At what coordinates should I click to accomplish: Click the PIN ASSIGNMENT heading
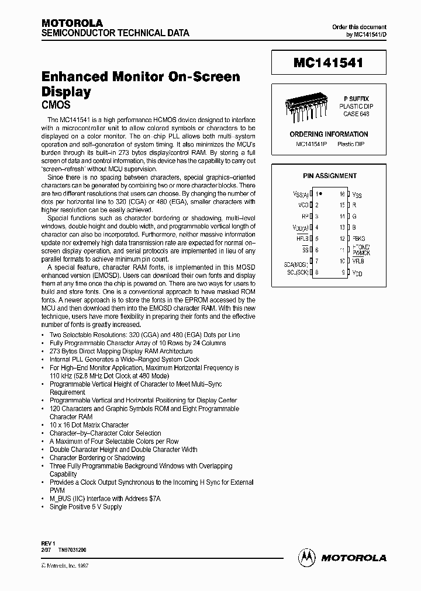pyautogui.click(x=330, y=176)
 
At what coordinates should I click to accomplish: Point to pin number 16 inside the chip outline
pyautogui.click(x=342, y=193)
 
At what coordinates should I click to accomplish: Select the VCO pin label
pyautogui.click(x=303, y=205)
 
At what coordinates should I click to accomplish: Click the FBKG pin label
pyautogui.click(x=359, y=238)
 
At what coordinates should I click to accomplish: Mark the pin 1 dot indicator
pyautogui.click(x=321, y=193)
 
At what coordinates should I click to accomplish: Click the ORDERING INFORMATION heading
pyautogui.click(x=329, y=134)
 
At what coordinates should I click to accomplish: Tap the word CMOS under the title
pyautogui.click(x=56, y=105)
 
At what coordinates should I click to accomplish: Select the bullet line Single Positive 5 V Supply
pyautogui.click(x=85, y=507)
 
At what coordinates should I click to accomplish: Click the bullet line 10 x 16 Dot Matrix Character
pyautogui.click(x=89, y=425)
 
